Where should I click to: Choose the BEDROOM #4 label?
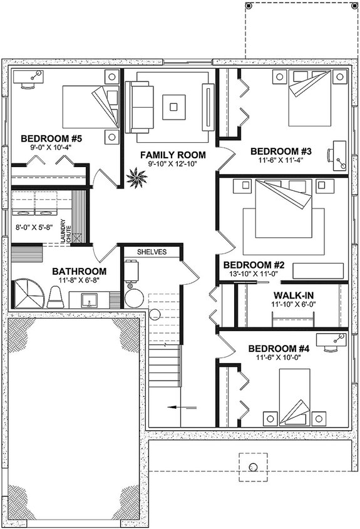[279, 348]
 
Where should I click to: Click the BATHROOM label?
[78, 271]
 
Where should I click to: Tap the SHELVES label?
[152, 252]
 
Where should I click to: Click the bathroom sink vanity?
[91, 299]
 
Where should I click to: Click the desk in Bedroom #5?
[28, 81]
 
